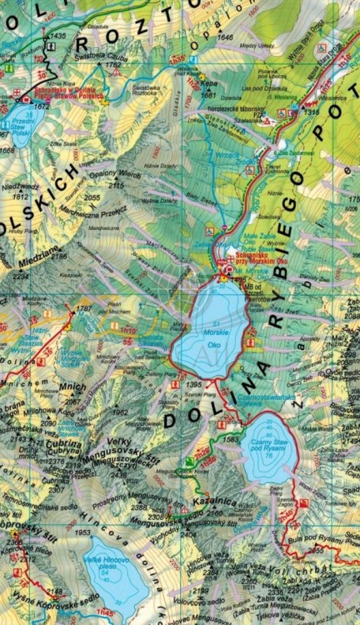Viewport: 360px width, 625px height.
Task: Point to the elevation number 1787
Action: pyautogui.click(x=83, y=308)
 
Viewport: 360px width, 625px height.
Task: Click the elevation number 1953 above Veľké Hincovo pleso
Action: pyautogui.click(x=82, y=532)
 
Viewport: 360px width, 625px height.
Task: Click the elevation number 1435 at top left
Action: pyautogui.click(x=57, y=37)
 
